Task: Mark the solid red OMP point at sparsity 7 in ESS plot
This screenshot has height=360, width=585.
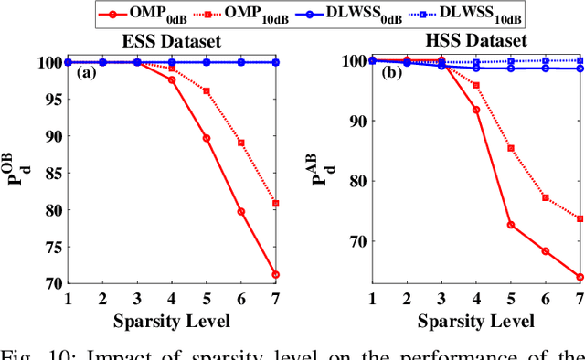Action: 276,274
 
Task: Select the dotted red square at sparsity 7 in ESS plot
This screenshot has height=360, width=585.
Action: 276,203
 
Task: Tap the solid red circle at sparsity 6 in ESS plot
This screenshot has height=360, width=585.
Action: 241,211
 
